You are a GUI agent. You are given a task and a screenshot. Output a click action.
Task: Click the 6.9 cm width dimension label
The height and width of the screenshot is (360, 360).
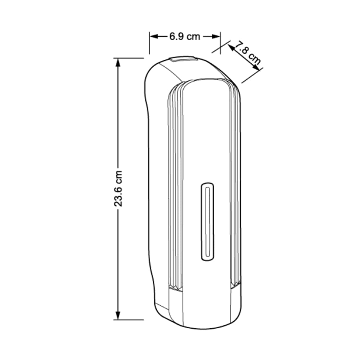[185, 36]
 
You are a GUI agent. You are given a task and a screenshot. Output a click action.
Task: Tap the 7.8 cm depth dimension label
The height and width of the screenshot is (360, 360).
[249, 53]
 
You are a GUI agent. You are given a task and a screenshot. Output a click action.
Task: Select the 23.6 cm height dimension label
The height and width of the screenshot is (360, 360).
[118, 189]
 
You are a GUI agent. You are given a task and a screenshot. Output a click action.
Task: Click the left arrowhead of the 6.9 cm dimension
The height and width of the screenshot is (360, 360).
[154, 36]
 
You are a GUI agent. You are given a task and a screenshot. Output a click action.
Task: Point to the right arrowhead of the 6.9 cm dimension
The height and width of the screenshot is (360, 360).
[216, 36]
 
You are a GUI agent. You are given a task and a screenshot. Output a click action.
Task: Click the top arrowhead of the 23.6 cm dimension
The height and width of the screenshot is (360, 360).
[118, 62]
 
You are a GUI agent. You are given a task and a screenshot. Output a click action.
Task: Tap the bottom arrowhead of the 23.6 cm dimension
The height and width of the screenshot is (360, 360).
[118, 315]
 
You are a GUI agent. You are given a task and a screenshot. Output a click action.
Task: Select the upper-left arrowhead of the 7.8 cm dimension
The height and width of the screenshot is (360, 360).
[231, 48]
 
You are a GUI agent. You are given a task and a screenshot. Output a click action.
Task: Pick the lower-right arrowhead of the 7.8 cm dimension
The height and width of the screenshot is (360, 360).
[256, 68]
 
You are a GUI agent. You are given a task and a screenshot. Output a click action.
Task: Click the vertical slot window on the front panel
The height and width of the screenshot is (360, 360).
[208, 222]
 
